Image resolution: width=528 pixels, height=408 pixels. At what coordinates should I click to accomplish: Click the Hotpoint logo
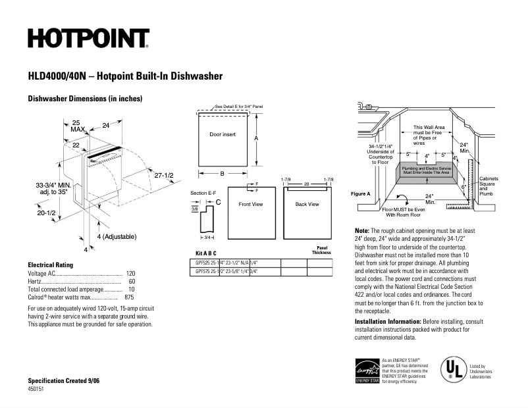(x=88, y=39)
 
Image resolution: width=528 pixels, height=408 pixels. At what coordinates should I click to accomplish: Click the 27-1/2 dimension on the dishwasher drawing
(x=163, y=176)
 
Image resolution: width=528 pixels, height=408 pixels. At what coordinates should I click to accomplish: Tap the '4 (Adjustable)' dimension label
(x=117, y=236)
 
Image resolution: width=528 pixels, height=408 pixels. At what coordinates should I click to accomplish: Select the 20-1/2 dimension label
(x=45, y=213)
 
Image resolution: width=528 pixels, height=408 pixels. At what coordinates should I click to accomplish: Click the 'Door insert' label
(x=222, y=134)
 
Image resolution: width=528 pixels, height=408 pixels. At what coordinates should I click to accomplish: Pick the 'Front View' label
(x=250, y=204)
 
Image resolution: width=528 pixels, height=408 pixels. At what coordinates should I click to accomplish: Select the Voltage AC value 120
(x=130, y=273)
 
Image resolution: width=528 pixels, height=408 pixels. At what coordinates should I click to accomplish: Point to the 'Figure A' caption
(x=361, y=193)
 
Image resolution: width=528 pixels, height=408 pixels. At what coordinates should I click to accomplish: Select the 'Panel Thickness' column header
(x=322, y=250)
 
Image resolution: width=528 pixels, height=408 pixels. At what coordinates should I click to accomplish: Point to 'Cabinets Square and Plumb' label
(x=488, y=186)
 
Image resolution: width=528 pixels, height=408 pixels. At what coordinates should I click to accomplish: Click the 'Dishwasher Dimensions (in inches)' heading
(x=85, y=99)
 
